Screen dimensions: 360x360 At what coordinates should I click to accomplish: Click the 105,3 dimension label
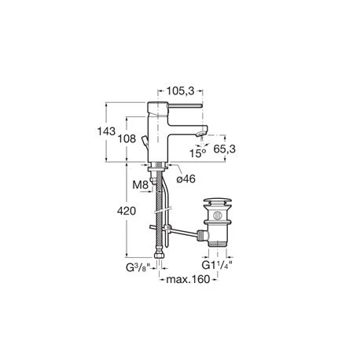pyautogui.click(x=181, y=91)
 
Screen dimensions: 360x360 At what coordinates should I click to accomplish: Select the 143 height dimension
pyautogui.click(x=106, y=131)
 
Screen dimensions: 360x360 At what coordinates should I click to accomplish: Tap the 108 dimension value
pyautogui.click(x=127, y=138)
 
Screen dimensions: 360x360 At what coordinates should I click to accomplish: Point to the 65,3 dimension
pyautogui.click(x=224, y=149)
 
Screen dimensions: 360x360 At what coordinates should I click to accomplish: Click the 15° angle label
pyautogui.click(x=197, y=153)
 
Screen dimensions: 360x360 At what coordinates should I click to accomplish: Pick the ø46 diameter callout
pyautogui.click(x=186, y=179)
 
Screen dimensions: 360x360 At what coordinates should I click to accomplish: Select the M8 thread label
pyautogui.click(x=141, y=186)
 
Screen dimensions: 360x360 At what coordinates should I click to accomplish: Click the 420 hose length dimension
pyautogui.click(x=127, y=211)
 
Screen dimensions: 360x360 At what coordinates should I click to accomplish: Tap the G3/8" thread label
pyautogui.click(x=138, y=268)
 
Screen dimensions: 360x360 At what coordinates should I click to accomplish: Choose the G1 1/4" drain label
pyautogui.click(x=217, y=266)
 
